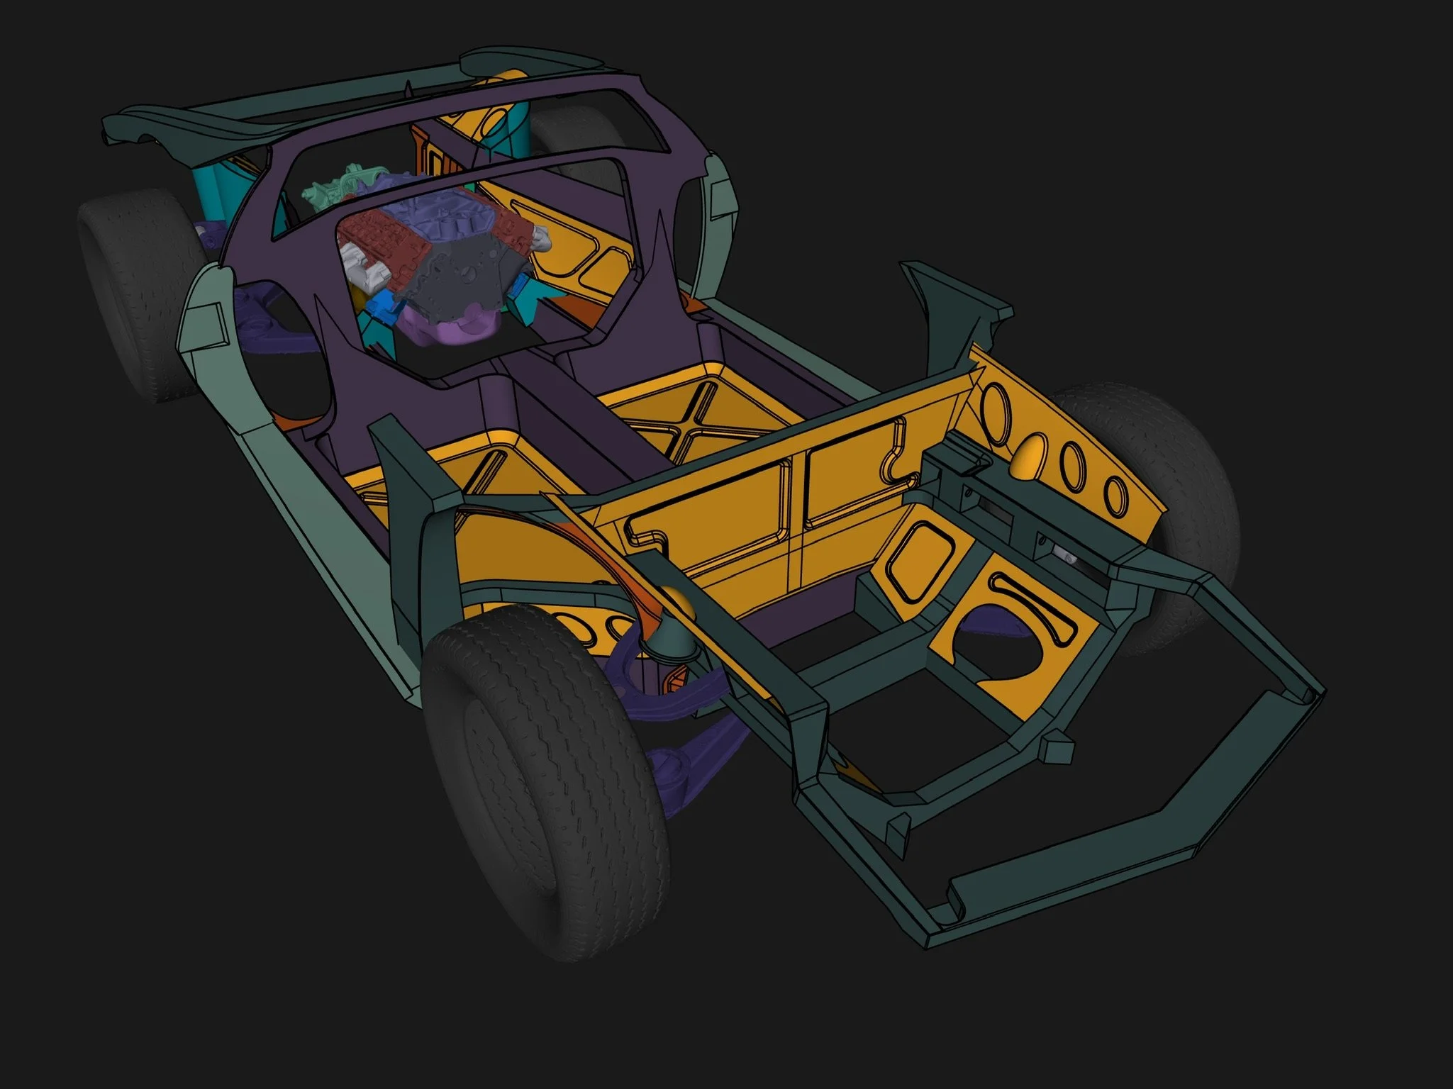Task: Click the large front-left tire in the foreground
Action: tap(539, 780)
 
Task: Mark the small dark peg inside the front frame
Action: tap(1057, 748)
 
